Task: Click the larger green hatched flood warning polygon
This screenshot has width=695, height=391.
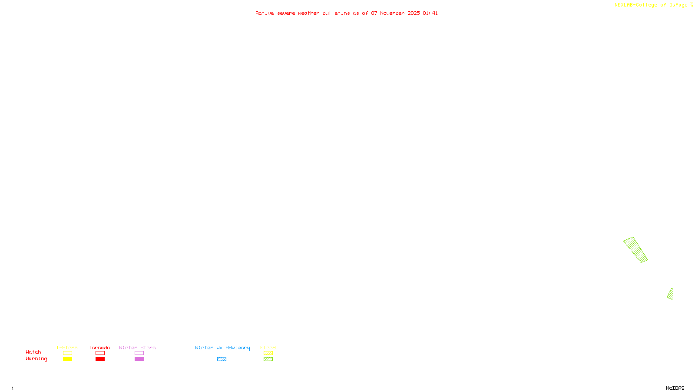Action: [x=635, y=249]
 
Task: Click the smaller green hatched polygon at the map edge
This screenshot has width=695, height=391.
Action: [x=671, y=295]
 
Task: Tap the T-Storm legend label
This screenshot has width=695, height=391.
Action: [x=67, y=348]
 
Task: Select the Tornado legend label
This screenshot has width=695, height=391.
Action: [x=99, y=348]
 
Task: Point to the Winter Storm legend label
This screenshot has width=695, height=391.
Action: [x=137, y=348]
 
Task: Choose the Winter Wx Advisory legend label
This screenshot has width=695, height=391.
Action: [x=222, y=348]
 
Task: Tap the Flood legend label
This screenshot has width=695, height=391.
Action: [x=268, y=348]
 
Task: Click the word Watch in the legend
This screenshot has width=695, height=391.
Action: [x=33, y=352]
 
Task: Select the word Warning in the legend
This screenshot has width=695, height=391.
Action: [x=36, y=359]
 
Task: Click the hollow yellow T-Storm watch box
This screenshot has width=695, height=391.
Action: [x=67, y=353]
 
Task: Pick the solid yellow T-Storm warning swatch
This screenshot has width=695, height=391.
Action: [x=67, y=359]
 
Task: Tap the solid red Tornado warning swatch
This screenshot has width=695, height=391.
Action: [x=100, y=359]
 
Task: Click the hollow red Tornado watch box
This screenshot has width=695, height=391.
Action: [x=100, y=353]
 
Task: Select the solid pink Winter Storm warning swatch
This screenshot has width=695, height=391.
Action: [x=139, y=359]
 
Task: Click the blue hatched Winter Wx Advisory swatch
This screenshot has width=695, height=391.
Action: [x=222, y=359]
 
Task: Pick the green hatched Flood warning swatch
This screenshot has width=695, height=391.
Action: [x=268, y=359]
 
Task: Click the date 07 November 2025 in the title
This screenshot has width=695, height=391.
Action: [x=395, y=13]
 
